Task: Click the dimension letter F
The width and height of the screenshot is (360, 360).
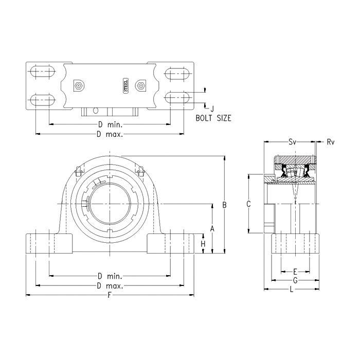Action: click(x=110, y=295)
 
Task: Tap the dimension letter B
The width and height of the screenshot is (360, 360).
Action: click(x=224, y=205)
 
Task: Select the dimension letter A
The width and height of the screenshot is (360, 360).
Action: click(x=212, y=228)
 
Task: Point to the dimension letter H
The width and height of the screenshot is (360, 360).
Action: click(x=203, y=244)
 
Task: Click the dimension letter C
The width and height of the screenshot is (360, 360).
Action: click(x=248, y=204)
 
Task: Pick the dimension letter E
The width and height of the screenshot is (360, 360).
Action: click(x=295, y=272)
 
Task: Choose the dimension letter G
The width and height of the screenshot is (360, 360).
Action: click(x=295, y=280)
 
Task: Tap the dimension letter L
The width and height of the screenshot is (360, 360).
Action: click(x=292, y=289)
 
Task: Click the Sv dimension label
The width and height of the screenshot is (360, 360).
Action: click(x=292, y=142)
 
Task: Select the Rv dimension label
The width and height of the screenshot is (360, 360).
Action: click(x=331, y=142)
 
